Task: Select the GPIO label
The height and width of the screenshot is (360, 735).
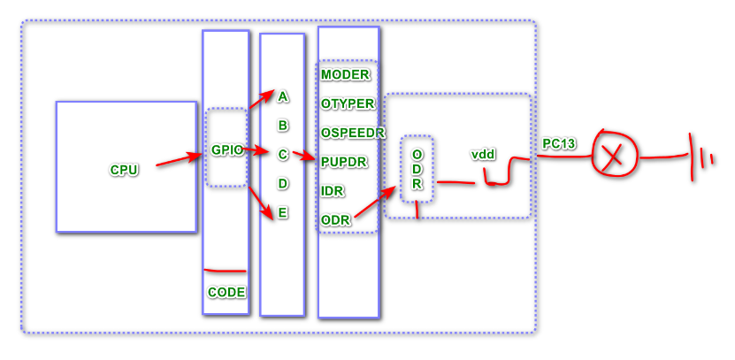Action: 226,150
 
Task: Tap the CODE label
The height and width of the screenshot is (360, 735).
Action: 226,292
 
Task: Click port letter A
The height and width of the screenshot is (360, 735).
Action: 283,96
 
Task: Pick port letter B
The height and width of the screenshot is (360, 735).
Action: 283,126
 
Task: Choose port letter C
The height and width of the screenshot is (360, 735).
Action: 283,155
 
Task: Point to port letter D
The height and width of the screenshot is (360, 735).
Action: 283,184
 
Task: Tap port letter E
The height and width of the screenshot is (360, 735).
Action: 283,213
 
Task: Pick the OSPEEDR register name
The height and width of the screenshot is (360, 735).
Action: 352,133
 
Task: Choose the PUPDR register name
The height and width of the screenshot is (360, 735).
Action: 344,163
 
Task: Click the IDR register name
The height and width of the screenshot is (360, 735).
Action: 333,191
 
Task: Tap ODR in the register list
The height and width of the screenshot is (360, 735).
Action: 335,220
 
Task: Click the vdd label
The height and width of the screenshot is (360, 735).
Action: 483,154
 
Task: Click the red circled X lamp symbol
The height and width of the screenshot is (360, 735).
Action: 610,157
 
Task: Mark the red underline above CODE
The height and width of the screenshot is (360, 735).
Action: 225,270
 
